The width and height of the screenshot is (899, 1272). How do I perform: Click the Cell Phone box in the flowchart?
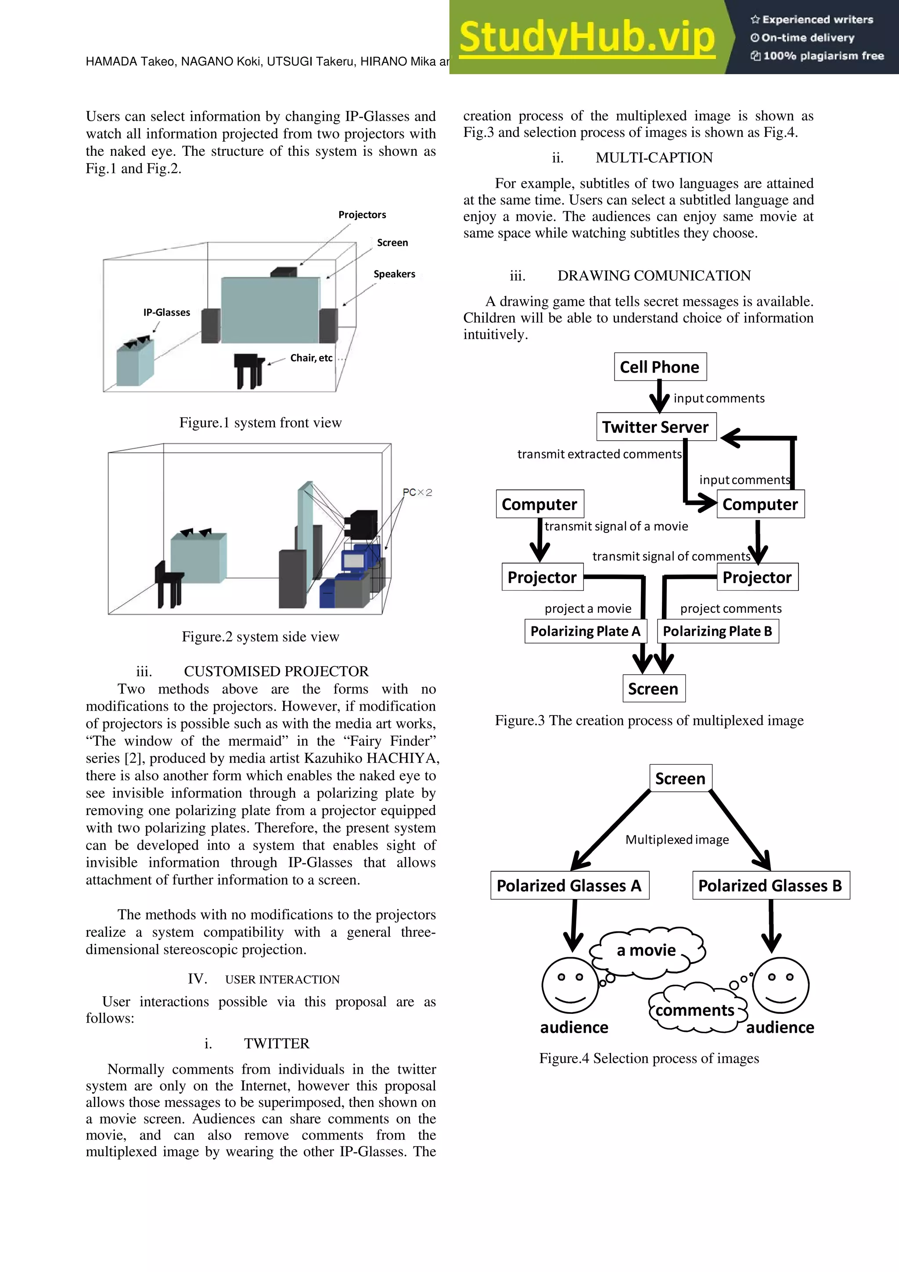click(660, 367)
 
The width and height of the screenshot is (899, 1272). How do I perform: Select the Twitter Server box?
click(656, 427)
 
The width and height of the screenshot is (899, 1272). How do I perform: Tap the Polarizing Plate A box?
click(585, 631)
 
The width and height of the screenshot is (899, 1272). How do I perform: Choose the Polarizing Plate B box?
click(717, 631)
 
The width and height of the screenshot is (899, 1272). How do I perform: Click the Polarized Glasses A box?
click(569, 885)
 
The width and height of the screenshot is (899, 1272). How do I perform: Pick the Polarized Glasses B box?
click(770, 885)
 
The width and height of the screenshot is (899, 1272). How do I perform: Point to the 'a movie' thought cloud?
click(647, 951)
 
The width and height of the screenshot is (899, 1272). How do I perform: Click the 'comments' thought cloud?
click(695, 1010)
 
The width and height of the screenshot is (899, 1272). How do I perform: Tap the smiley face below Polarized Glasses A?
click(570, 985)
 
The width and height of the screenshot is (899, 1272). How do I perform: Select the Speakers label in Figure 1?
click(394, 274)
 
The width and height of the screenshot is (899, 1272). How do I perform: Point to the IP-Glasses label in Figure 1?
click(166, 313)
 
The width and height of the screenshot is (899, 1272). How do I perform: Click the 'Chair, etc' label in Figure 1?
click(311, 358)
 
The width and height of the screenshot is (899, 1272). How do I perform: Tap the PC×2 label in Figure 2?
click(417, 492)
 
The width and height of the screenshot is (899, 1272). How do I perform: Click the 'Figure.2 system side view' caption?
click(260, 636)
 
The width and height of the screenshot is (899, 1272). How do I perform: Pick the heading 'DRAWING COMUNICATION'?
click(654, 275)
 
